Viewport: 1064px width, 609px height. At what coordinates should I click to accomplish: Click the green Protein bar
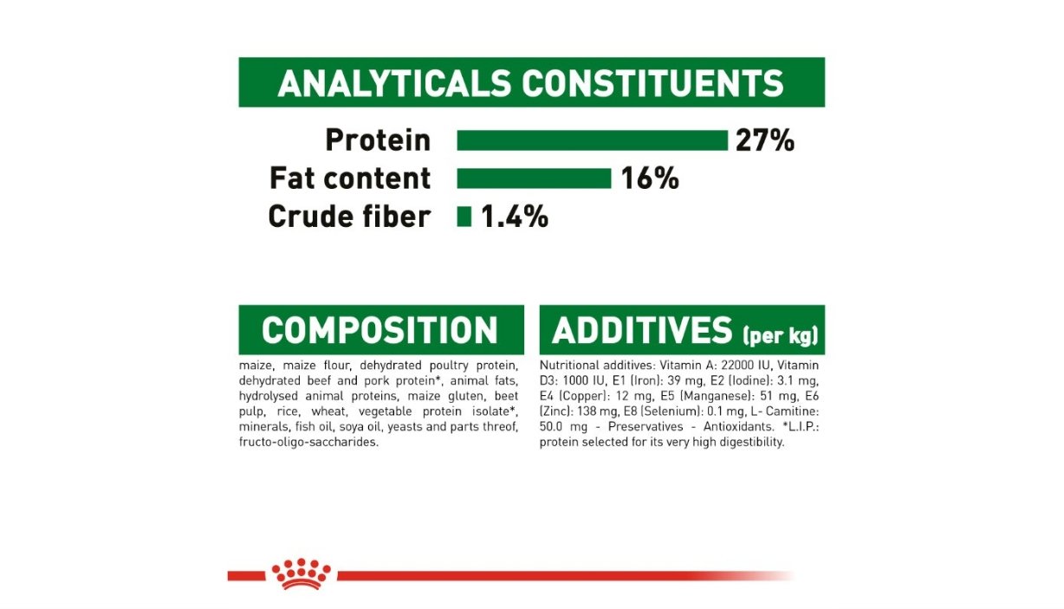(593, 140)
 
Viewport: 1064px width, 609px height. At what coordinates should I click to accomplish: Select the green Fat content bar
(534, 178)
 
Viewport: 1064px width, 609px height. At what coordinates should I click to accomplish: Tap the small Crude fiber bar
(464, 217)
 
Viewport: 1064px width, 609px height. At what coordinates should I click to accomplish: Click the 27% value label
(765, 140)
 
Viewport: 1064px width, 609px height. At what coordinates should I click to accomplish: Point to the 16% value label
(650, 178)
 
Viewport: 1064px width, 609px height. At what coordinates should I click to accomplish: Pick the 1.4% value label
(515, 217)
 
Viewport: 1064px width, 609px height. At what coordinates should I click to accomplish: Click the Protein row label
(378, 140)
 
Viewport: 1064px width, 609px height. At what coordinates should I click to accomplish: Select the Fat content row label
(350, 178)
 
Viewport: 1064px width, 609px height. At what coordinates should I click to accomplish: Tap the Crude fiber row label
(349, 217)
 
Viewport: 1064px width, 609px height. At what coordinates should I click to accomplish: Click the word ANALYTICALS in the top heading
(394, 84)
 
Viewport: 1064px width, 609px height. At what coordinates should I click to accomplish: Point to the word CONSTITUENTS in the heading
(652, 84)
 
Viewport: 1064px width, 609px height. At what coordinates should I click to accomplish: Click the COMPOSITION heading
(380, 330)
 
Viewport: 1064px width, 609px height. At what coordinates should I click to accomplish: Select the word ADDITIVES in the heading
(642, 330)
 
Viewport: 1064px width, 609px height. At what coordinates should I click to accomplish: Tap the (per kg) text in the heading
(781, 336)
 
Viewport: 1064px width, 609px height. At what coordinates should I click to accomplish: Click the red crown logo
(301, 573)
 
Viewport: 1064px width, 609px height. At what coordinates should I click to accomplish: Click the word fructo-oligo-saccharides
(308, 443)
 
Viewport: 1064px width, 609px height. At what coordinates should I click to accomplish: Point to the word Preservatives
(646, 426)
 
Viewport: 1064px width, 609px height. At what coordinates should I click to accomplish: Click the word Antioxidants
(738, 426)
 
